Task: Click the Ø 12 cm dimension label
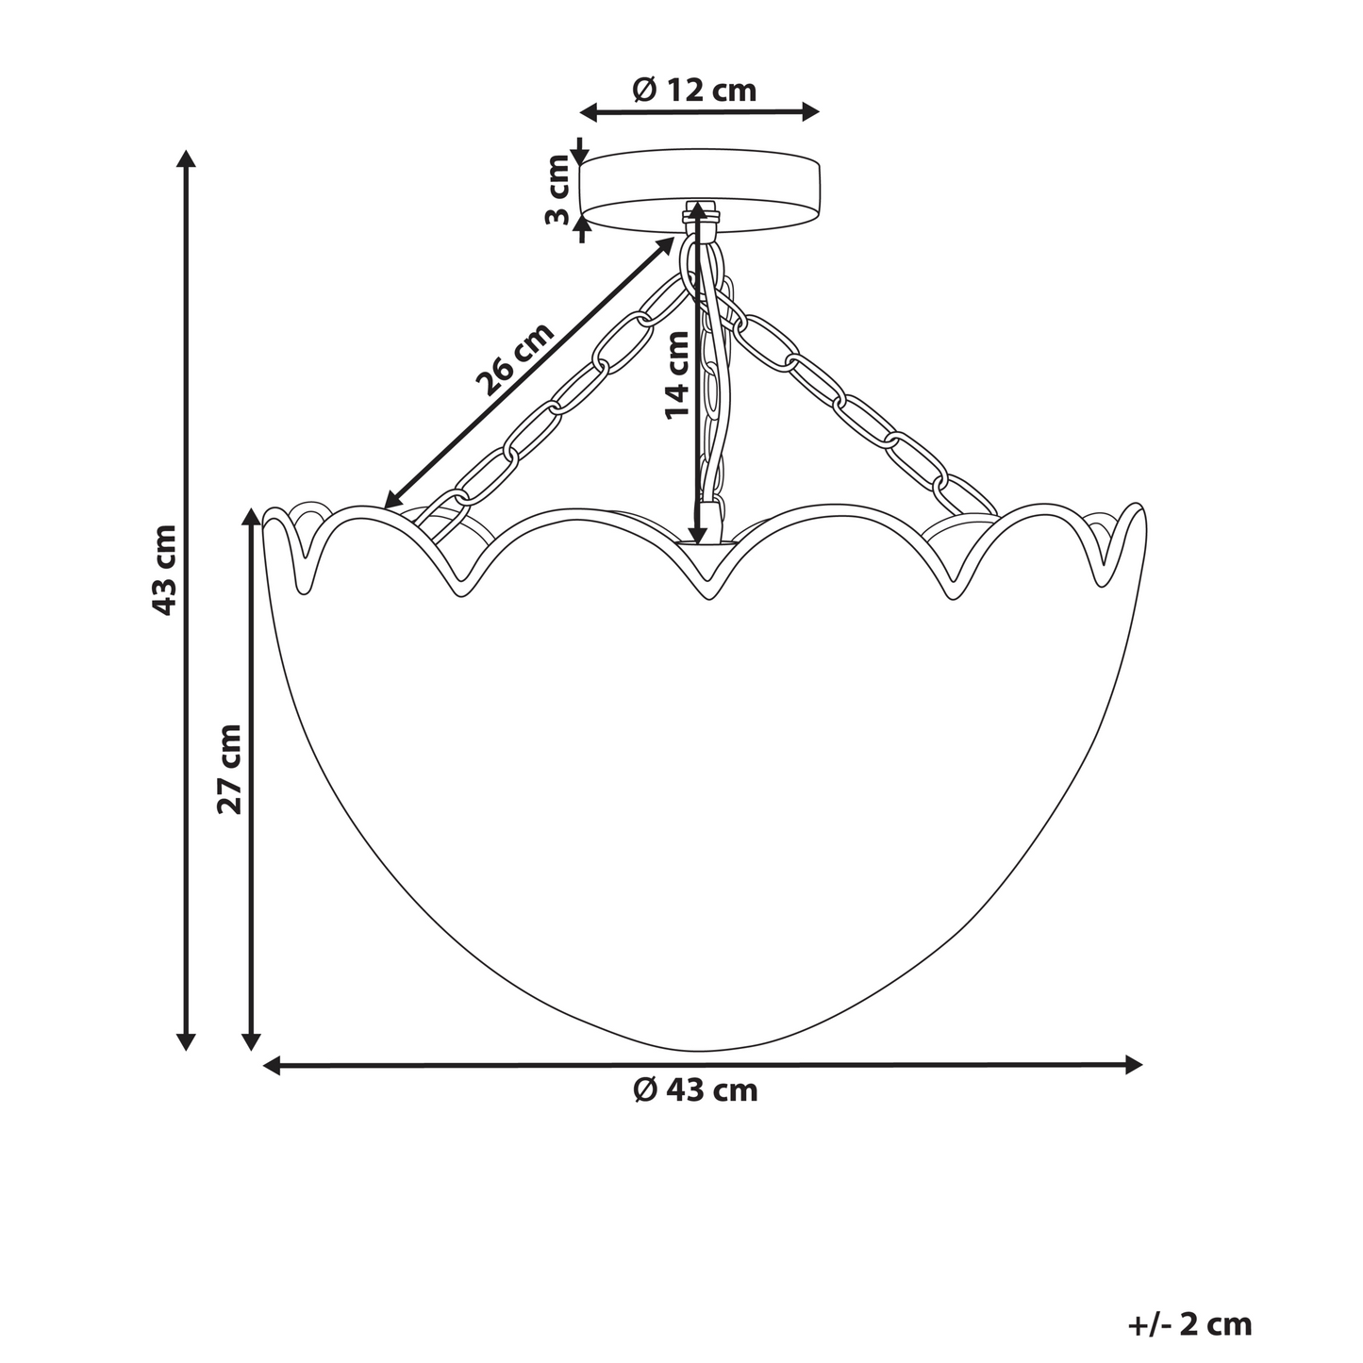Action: pos(694,90)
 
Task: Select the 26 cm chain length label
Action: pos(514,360)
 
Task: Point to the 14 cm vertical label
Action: pos(677,375)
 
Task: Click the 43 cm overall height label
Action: pos(164,570)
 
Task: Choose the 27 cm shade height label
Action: pos(229,769)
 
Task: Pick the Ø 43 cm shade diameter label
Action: pos(694,1090)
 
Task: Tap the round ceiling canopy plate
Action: pos(700,191)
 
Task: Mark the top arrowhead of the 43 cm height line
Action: pos(186,158)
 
